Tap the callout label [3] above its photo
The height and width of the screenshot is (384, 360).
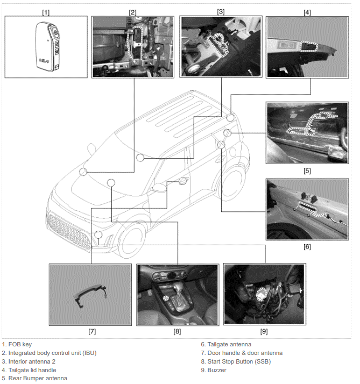221,11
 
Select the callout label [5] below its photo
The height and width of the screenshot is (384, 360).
307,170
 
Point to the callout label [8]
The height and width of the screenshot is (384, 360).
177,332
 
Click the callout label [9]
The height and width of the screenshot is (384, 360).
264,332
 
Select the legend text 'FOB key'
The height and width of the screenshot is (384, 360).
20,344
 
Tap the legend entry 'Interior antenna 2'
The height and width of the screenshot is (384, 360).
32,361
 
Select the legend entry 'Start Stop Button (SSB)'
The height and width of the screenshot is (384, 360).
239,361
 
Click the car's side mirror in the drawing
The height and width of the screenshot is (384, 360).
160,188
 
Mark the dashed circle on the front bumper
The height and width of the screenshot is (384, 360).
97,234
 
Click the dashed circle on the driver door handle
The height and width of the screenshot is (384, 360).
183,180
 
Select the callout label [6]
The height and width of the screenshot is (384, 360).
307,247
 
